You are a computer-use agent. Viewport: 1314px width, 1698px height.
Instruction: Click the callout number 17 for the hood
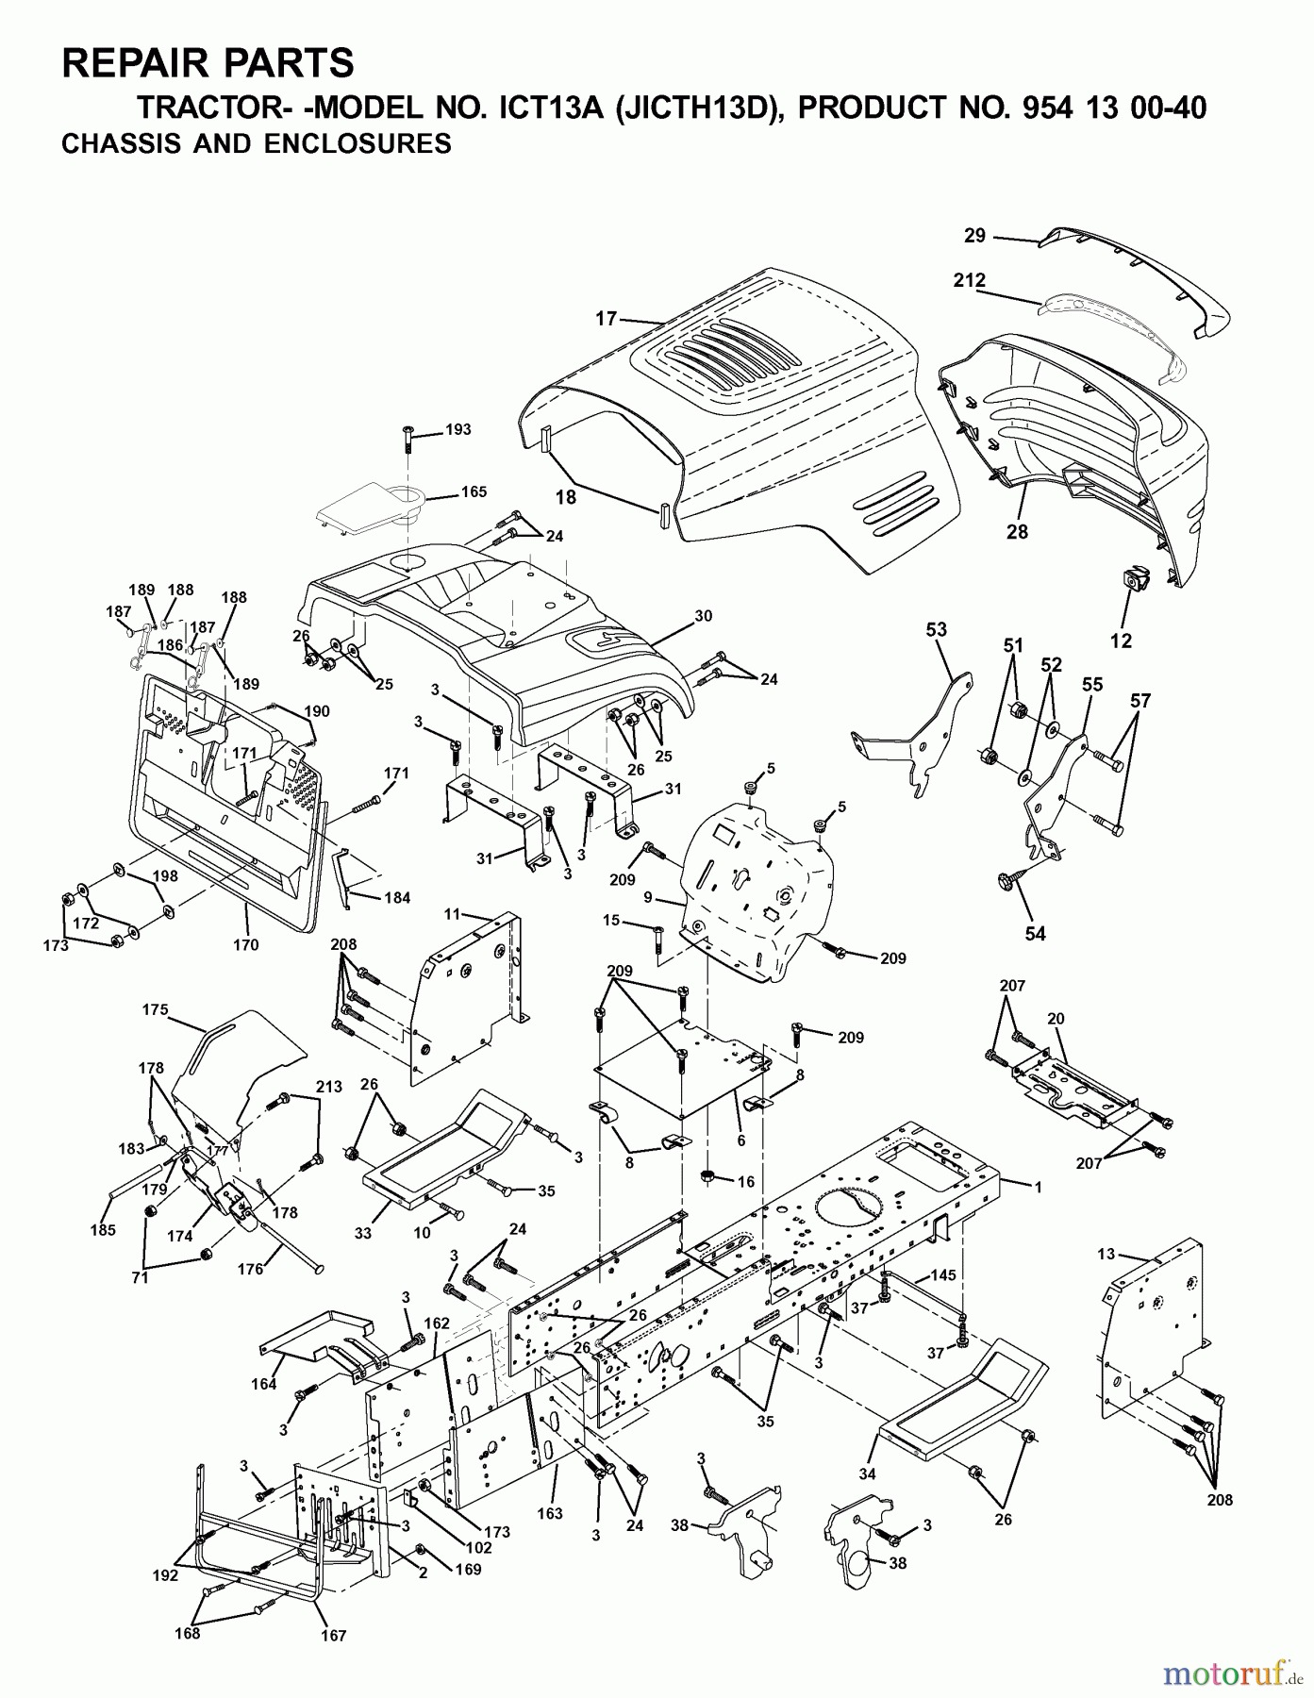(x=606, y=320)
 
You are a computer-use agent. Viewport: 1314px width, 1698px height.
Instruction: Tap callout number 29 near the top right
(x=974, y=236)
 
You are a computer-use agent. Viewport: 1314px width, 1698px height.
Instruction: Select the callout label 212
(x=969, y=280)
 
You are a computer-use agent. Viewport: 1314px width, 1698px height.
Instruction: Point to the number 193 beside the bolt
(x=457, y=429)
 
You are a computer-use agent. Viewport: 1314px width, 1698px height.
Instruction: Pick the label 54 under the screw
(x=1036, y=933)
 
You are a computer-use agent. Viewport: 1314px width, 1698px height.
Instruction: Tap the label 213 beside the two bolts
(x=328, y=1087)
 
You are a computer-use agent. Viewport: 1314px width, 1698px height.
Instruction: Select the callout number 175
(x=154, y=1009)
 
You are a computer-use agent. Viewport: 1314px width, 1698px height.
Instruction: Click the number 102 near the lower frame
(x=478, y=1547)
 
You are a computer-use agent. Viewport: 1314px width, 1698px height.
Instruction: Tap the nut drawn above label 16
(x=707, y=1175)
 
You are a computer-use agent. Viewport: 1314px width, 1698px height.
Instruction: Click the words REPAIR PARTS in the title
(x=208, y=62)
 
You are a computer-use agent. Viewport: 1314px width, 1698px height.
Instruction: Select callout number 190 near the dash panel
(x=317, y=711)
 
